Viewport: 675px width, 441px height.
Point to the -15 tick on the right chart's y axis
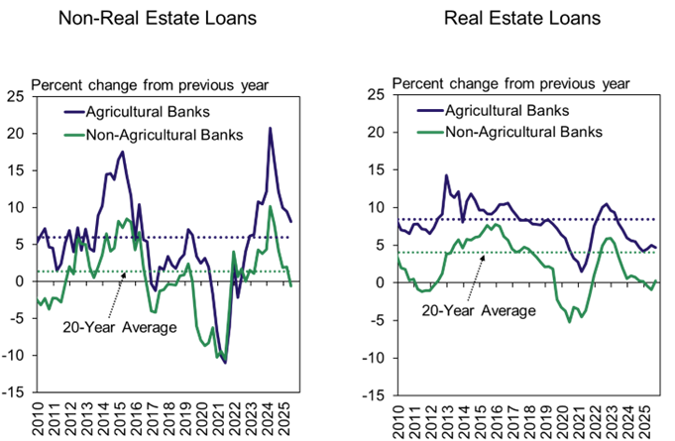click(x=377, y=393)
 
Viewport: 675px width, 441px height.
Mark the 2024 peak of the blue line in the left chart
click(x=271, y=128)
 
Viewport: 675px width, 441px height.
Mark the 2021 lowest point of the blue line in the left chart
click(x=225, y=363)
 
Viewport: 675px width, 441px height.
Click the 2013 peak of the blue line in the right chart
click(x=446, y=176)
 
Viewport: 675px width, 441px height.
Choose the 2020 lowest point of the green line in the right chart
click(x=569, y=321)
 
